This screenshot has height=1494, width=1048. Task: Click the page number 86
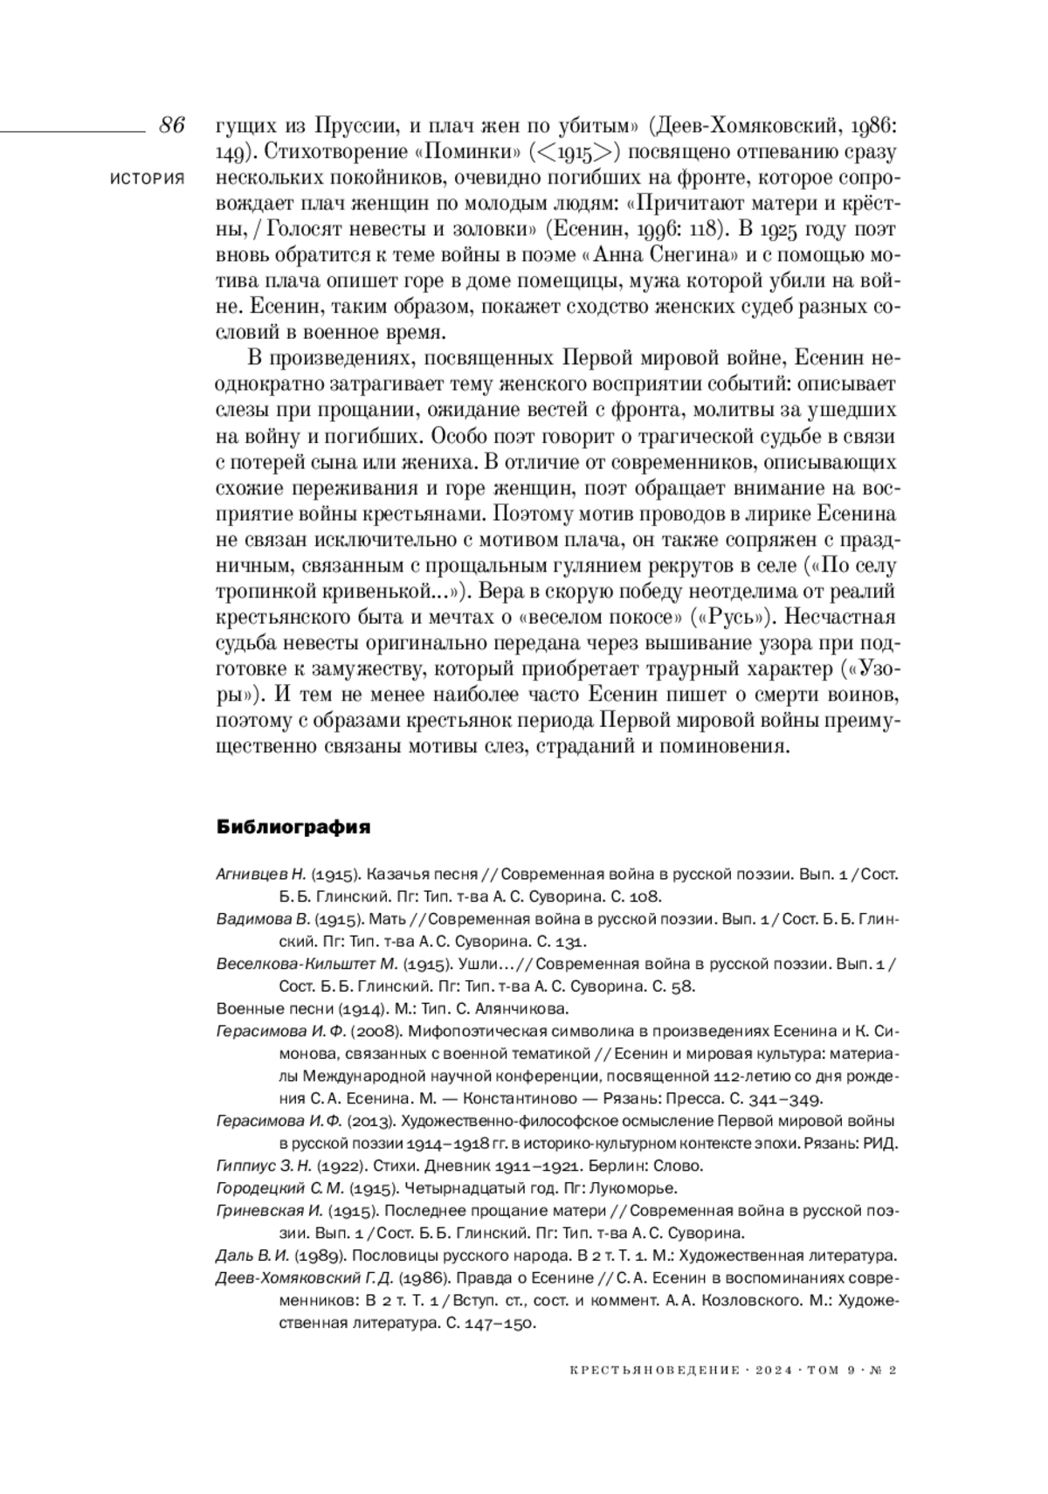171,125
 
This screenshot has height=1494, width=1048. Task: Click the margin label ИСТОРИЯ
148,179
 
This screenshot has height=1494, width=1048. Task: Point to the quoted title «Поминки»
465,153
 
